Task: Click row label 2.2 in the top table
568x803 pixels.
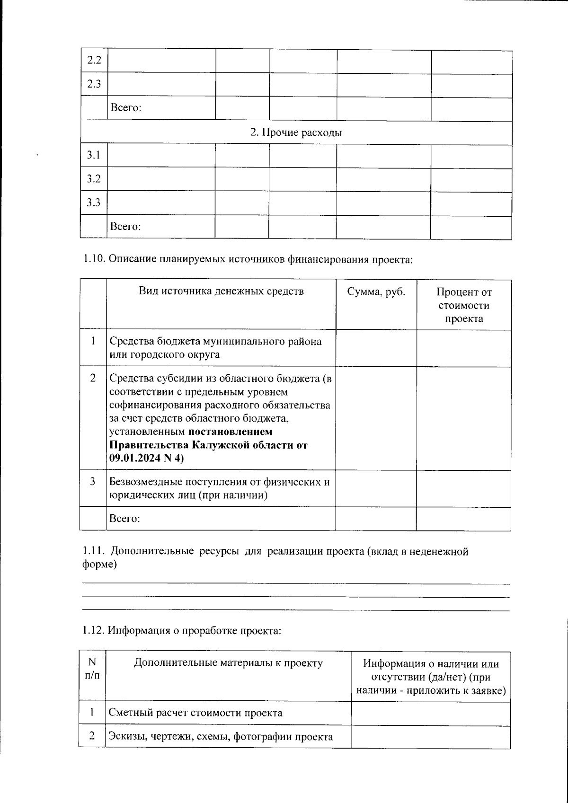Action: pos(94,61)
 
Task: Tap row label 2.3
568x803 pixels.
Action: pos(94,85)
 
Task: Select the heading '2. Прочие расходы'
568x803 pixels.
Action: pos(296,133)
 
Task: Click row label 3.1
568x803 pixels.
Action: pos(94,155)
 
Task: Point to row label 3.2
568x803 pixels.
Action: pos(94,179)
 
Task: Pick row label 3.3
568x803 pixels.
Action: pos(94,203)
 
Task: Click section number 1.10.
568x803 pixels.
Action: pos(94,259)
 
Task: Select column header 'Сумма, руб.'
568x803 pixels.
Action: pos(376,292)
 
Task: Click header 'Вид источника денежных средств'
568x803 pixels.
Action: pos(221,291)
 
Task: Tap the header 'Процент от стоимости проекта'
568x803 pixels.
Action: pos(463,305)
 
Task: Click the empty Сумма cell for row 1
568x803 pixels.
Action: pos(376,348)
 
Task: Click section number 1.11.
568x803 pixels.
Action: pos(93,551)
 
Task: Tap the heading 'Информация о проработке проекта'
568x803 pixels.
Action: pos(194,631)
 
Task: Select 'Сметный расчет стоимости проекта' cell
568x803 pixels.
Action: pos(195,713)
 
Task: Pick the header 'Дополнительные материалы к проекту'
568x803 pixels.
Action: pos(228,663)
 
